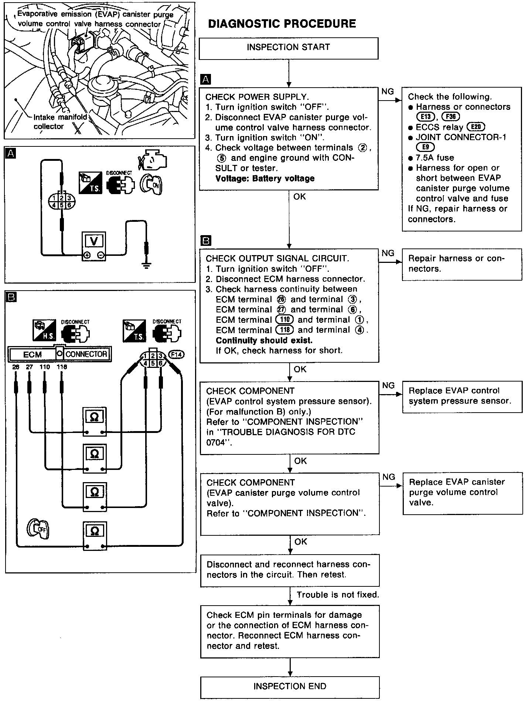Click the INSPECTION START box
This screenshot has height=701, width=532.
[x=288, y=48]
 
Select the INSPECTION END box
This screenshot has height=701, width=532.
[x=290, y=687]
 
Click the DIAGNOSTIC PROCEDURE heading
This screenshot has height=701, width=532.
[x=282, y=24]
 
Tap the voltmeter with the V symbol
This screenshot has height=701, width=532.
[x=94, y=246]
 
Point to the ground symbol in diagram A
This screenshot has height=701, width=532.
[x=147, y=265]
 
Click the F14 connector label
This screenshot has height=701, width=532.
[x=176, y=355]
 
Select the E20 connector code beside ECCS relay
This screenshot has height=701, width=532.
[x=476, y=127]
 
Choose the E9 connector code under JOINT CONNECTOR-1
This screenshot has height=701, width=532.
[x=426, y=147]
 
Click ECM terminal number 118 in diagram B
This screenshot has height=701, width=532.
[x=62, y=367]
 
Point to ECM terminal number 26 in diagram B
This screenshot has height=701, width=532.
[x=16, y=367]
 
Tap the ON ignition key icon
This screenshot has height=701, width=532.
[x=151, y=184]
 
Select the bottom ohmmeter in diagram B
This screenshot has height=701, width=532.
[x=95, y=536]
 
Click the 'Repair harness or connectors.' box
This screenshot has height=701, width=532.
[x=462, y=264]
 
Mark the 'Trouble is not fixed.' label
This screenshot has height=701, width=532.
[x=338, y=595]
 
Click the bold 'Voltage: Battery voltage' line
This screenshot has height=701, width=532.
[x=265, y=179]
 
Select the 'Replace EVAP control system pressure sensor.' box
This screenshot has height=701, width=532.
[x=462, y=396]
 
